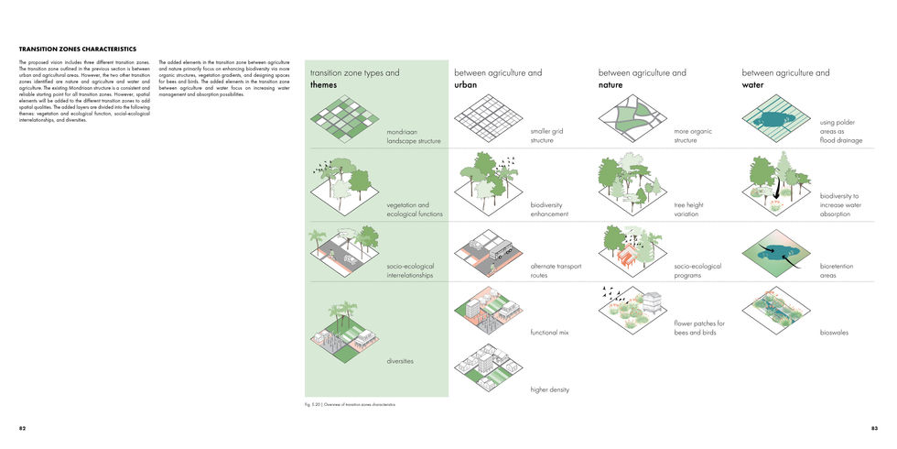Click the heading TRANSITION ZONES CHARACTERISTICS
click(78, 49)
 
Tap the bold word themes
click(324, 84)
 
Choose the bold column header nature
click(611, 84)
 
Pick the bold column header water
click(753, 84)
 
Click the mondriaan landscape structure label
click(414, 137)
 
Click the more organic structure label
click(693, 137)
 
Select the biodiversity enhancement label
click(549, 210)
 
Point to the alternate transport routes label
click(556, 270)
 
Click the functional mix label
click(550, 333)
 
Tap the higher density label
click(550, 389)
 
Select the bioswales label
click(834, 333)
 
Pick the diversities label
click(400, 361)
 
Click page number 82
click(23, 428)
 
